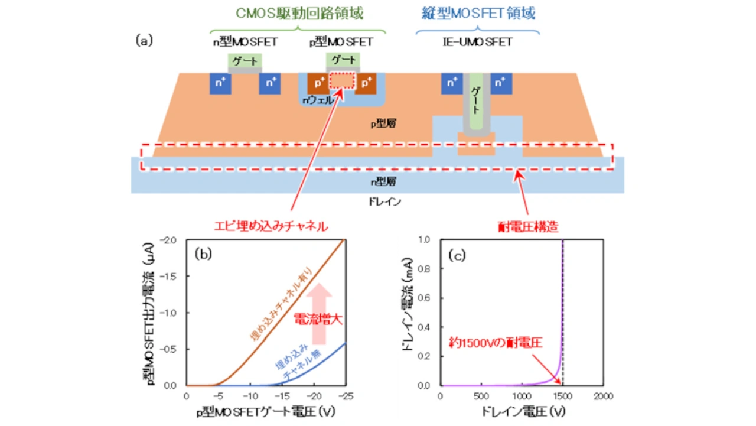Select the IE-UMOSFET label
tap(477, 42)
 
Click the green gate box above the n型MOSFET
tap(245, 61)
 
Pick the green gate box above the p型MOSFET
tap(343, 60)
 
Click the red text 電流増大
tap(319, 320)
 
